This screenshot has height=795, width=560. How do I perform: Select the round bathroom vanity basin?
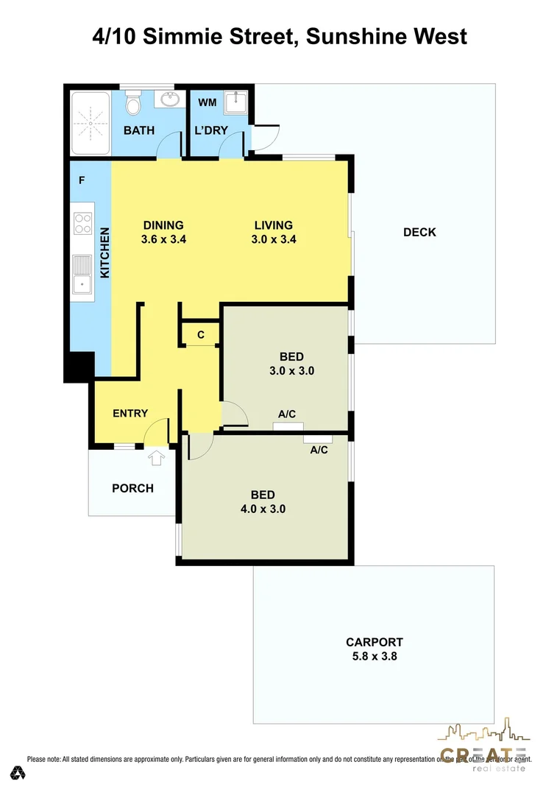coord(171,99)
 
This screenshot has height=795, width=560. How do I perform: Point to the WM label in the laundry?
coord(207,102)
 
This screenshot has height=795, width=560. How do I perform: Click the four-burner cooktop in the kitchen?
coord(82,222)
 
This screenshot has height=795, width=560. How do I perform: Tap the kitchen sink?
coord(82,276)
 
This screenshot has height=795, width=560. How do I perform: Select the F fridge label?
coord(82,180)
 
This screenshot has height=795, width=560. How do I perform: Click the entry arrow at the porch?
coord(156,459)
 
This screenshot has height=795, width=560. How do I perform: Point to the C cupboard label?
coord(201,335)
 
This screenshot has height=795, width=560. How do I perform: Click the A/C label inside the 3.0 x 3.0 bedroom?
coord(288,414)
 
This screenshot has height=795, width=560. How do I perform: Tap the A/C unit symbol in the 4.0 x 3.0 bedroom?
coord(318,439)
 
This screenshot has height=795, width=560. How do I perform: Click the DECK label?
coord(419,233)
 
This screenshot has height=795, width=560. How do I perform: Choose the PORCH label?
coord(132,488)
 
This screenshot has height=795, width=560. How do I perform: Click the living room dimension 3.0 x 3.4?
coord(274,239)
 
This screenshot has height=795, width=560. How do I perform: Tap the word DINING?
coord(163,225)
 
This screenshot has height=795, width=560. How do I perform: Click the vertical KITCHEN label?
coord(104,252)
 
